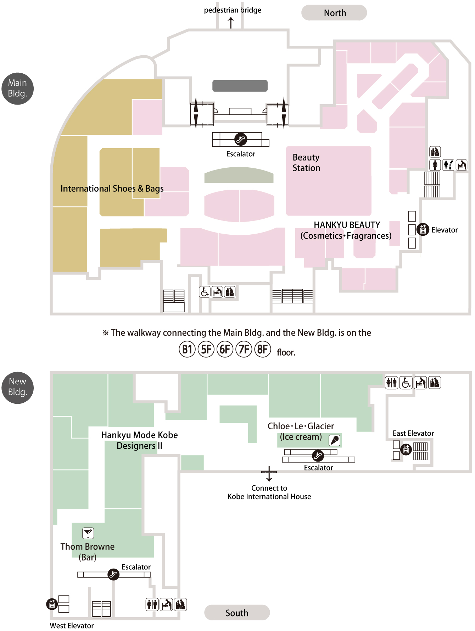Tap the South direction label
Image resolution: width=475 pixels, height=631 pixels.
click(x=237, y=613)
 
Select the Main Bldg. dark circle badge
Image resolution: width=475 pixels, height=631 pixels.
click(x=18, y=88)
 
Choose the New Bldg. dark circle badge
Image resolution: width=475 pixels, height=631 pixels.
click(x=18, y=387)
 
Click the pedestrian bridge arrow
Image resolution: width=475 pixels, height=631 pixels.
click(x=231, y=22)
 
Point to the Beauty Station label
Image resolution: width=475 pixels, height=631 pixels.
click(x=306, y=163)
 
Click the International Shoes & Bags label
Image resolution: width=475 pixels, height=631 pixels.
click(x=112, y=188)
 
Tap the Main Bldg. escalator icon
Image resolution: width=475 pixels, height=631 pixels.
click(x=241, y=139)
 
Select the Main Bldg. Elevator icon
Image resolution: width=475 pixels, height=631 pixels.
click(x=423, y=229)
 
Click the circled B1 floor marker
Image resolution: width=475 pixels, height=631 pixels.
click(x=187, y=350)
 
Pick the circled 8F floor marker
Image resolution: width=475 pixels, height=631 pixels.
click(x=263, y=350)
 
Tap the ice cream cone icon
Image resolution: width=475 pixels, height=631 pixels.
click(x=335, y=440)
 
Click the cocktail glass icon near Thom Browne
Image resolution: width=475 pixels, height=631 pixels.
click(x=88, y=533)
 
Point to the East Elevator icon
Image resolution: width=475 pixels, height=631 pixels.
click(x=406, y=449)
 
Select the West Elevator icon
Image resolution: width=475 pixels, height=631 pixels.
click(x=52, y=604)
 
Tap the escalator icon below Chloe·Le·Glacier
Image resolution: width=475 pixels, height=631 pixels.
click(x=318, y=455)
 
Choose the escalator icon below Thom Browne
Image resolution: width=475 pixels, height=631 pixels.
click(x=113, y=574)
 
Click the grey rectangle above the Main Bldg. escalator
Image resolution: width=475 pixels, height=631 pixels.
click(x=240, y=86)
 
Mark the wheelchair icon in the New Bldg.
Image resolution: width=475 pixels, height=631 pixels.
click(x=406, y=383)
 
